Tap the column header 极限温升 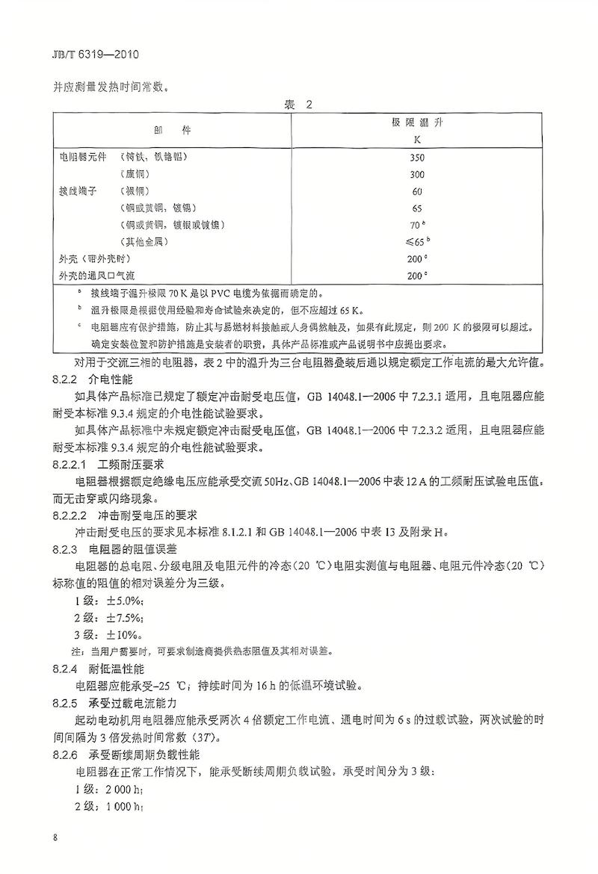(x=417, y=122)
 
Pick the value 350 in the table (x=417, y=157)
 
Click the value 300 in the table (x=417, y=174)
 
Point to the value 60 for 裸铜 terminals (x=417, y=191)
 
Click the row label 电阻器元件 (x=83, y=157)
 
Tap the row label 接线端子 (x=78, y=191)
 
